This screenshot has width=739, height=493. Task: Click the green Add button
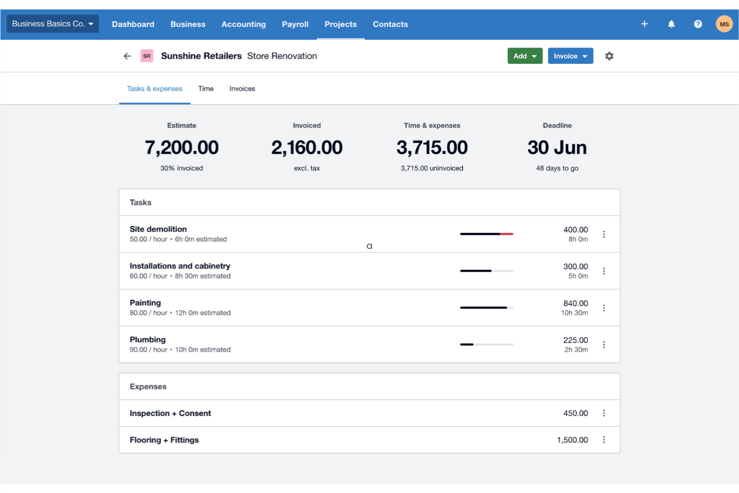click(524, 56)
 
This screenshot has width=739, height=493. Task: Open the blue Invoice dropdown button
click(570, 56)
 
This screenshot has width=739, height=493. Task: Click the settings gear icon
click(609, 56)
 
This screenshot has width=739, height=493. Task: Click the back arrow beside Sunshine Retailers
click(127, 56)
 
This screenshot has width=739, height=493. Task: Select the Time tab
click(206, 88)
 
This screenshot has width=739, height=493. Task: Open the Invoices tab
click(242, 88)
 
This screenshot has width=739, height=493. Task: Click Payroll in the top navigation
click(295, 24)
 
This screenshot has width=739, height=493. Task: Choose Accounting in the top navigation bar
click(244, 24)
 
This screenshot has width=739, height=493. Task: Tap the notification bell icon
click(671, 24)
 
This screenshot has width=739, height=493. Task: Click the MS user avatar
click(724, 24)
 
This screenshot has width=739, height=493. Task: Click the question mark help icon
click(698, 24)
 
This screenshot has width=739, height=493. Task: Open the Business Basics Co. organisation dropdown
click(52, 23)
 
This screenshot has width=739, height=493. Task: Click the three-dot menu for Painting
click(604, 308)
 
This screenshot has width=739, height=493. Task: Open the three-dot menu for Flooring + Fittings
click(604, 440)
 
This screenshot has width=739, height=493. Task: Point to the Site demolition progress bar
click(486, 234)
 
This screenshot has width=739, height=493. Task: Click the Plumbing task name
click(147, 340)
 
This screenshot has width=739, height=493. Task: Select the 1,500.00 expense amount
click(572, 440)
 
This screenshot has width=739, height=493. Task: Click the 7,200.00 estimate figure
click(182, 147)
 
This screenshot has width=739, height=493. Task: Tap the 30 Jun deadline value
click(557, 147)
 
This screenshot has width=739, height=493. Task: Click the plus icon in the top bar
click(644, 24)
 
